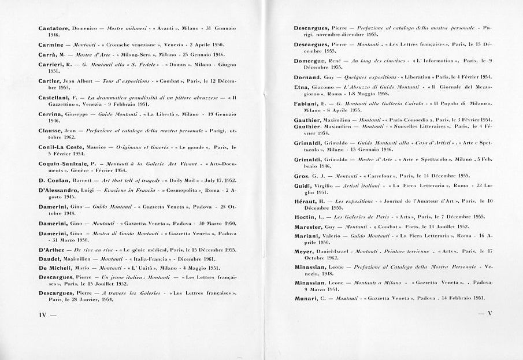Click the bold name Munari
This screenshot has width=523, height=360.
(x=306, y=297)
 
